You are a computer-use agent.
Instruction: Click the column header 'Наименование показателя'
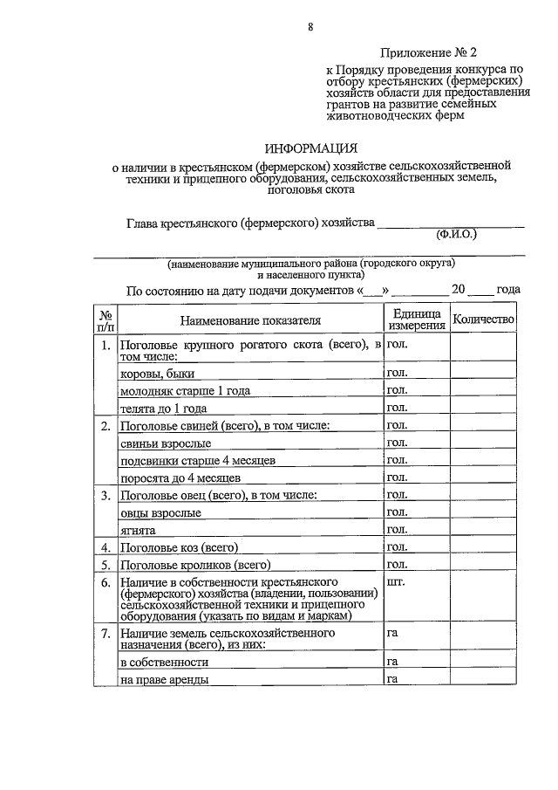click(x=250, y=320)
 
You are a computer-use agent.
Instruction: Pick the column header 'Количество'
click(x=484, y=320)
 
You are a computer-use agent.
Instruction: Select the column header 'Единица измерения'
click(x=417, y=319)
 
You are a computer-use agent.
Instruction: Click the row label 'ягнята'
click(x=138, y=530)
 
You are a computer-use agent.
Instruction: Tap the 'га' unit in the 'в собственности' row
click(x=392, y=662)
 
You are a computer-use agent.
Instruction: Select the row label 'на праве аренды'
click(x=164, y=679)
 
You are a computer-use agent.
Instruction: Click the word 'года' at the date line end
click(x=508, y=289)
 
